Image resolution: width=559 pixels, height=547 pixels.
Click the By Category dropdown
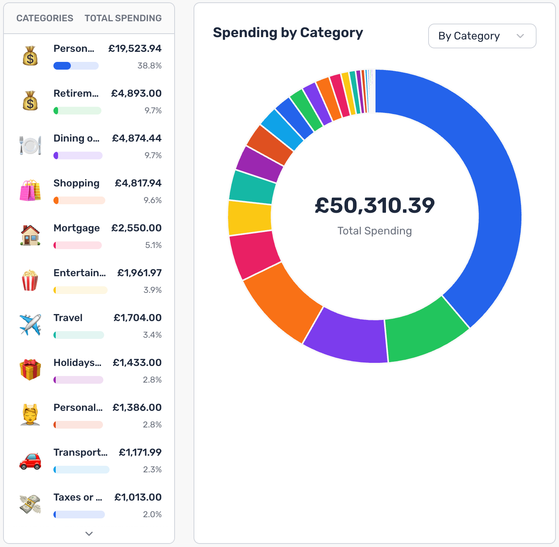482,36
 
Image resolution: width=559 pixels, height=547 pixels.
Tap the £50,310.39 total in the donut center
374,205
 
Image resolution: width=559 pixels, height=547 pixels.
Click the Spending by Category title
288,33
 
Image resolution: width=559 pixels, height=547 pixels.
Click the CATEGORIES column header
45,18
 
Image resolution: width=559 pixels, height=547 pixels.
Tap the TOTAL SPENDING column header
123,18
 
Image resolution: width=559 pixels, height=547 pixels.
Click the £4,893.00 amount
136,94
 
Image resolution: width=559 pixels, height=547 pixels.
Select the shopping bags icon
30,190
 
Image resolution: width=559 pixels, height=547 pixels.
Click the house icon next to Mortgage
30,235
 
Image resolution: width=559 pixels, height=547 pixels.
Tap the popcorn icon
30,280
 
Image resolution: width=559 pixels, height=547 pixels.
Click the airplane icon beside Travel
30,325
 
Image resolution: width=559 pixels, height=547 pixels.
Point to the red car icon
30,461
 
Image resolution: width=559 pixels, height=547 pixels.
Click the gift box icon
30,369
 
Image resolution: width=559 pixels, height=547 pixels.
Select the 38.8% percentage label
149,66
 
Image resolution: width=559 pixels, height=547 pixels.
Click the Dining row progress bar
78,156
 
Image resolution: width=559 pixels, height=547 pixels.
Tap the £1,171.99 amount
140,453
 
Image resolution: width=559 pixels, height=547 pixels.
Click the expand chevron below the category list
89,533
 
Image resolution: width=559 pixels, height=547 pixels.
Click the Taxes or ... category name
78,497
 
